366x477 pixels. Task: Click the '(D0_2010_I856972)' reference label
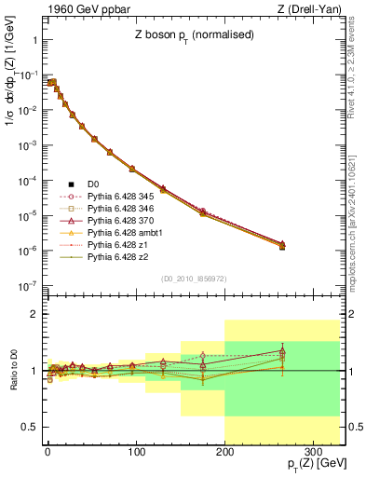[193, 279]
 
